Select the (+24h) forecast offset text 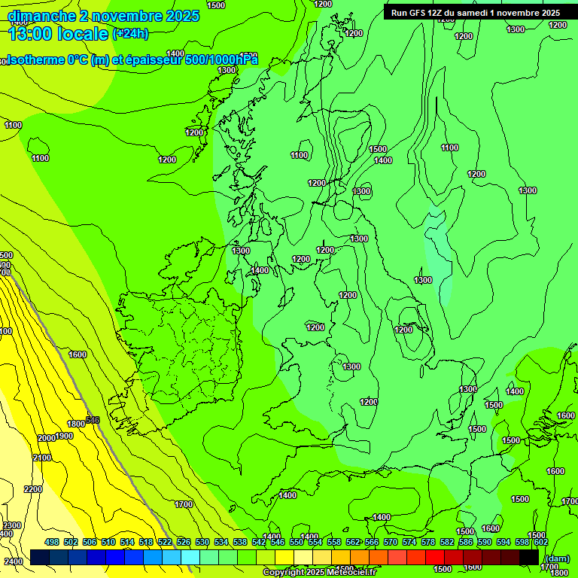130,34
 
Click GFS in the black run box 420,13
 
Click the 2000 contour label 47,438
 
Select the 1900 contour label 64,436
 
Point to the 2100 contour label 42,458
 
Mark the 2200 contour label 33,489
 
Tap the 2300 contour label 12,525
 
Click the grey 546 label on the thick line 93,420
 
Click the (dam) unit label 556,558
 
